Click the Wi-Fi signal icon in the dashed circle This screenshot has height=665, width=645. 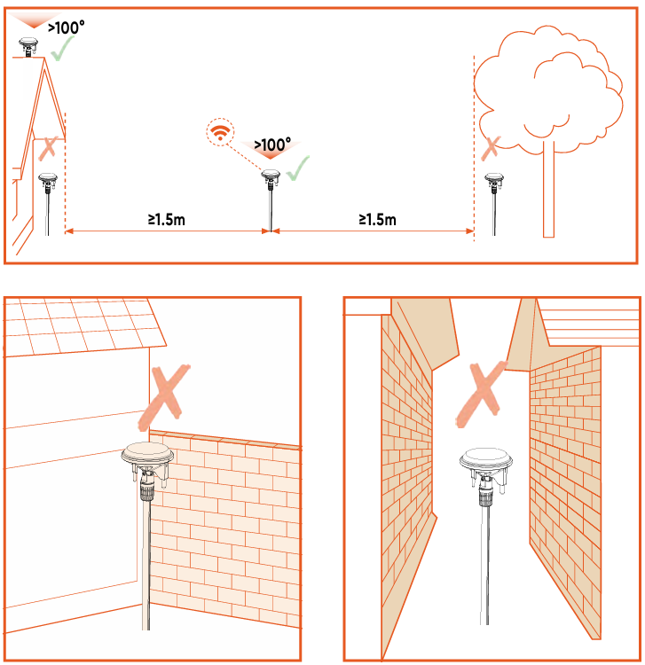(x=220, y=132)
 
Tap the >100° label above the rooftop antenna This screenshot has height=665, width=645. (x=67, y=28)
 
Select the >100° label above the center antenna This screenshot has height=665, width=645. (x=272, y=145)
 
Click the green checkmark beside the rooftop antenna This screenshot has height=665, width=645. (x=62, y=49)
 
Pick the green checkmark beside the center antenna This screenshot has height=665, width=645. (x=298, y=168)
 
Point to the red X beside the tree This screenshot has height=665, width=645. (x=491, y=148)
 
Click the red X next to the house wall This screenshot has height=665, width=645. (x=48, y=148)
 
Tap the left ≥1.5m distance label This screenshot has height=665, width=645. (x=166, y=220)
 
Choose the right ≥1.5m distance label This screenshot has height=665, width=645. (x=378, y=220)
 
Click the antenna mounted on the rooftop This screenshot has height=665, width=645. (x=28, y=47)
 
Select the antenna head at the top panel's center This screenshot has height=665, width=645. (x=271, y=178)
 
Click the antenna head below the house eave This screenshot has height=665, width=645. (x=48, y=183)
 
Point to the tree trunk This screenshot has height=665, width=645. (x=548, y=189)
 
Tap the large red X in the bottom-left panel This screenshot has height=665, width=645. (x=165, y=396)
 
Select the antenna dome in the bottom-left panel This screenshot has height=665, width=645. (x=147, y=454)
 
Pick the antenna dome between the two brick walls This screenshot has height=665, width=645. (x=486, y=459)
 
